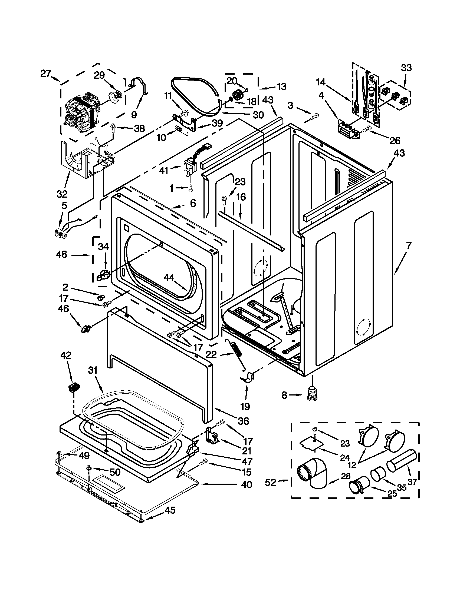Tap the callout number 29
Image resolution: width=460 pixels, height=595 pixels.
pos(99,75)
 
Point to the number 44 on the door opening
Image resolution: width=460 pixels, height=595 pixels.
pos(169,278)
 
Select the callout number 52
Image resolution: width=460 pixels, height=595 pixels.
pos(271,483)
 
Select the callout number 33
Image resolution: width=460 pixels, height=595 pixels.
pos(406,68)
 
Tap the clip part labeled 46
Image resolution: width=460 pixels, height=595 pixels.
pos(85,328)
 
